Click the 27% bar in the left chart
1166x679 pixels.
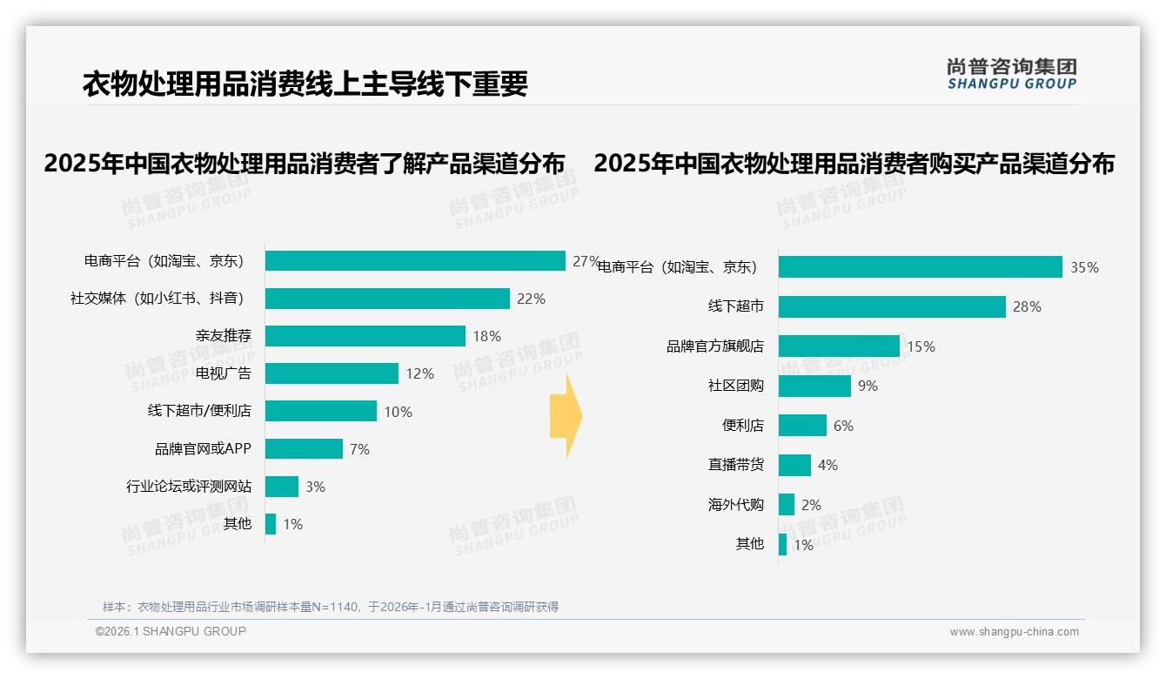pos(415,261)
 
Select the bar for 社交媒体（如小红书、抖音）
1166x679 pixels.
pos(387,299)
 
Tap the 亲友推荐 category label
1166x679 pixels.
pos(223,336)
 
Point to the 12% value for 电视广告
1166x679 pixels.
pos(419,373)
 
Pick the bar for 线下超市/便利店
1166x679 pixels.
pos(321,411)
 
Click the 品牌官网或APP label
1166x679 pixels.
pos(203,449)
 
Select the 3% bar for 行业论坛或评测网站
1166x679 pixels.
pos(282,487)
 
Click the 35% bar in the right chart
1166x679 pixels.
pos(920,267)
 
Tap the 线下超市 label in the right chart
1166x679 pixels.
pos(735,306)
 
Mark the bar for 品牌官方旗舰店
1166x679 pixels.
pos(839,346)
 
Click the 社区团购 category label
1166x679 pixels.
pos(735,386)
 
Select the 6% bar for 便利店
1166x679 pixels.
pos(802,426)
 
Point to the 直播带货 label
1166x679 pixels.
pos(735,465)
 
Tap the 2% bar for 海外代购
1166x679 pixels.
pos(787,505)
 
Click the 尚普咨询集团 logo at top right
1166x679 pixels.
pos(1011,73)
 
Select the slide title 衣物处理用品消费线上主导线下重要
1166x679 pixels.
pos(305,84)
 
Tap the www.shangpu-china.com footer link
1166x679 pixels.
pos(1014,632)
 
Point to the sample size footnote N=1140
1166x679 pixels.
pos(330,607)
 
